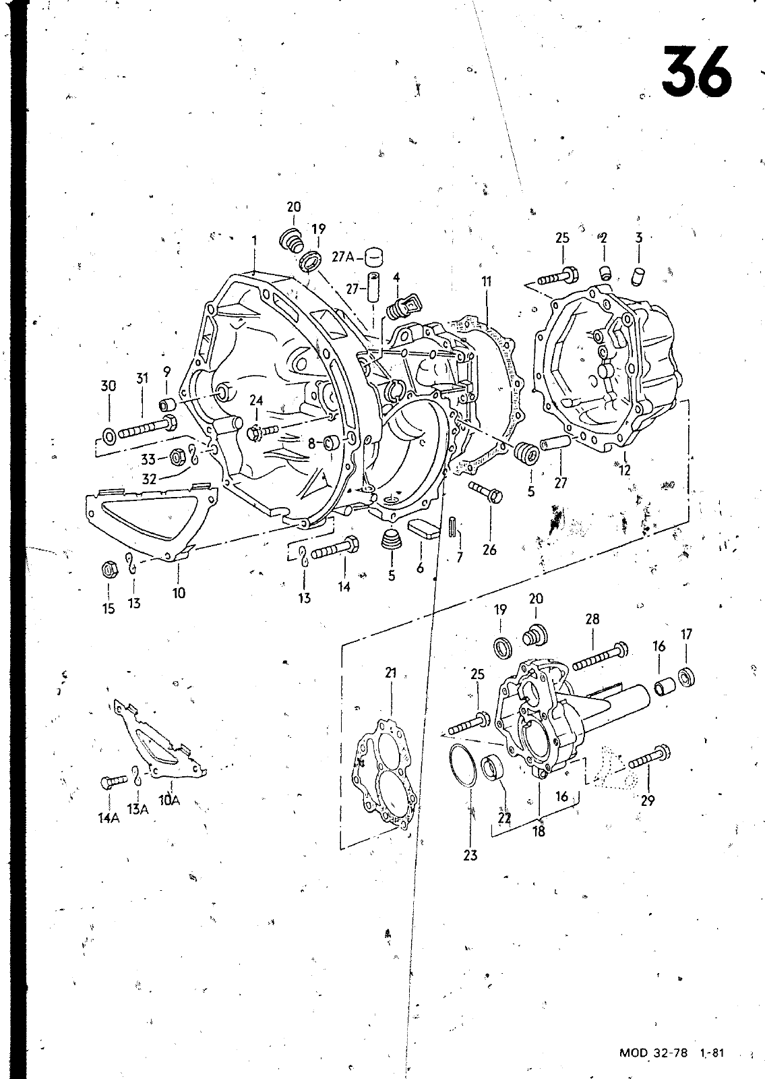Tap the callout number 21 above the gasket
390,673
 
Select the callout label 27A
343,258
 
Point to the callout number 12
624,469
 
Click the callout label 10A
169,800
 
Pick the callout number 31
142,378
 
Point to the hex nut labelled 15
109,570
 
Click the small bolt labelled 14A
113,781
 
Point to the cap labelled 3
638,276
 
